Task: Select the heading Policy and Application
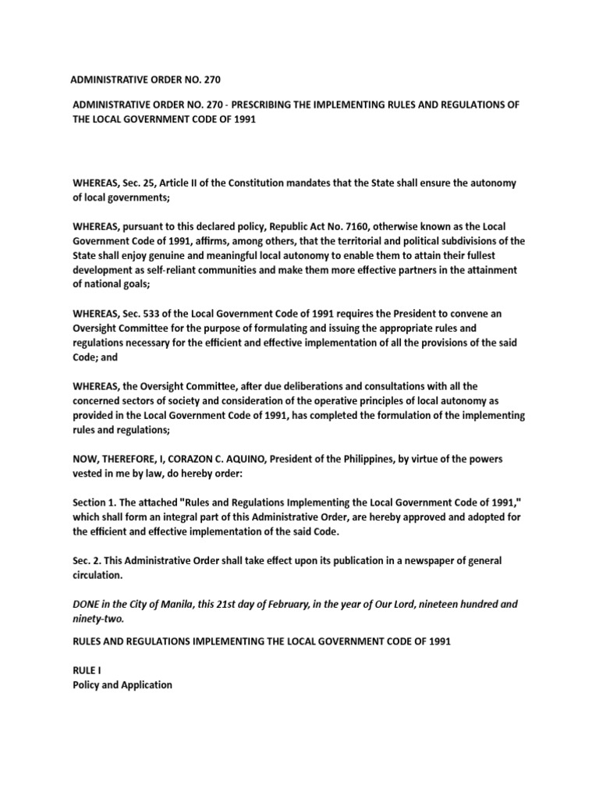click(x=122, y=685)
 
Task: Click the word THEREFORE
click(x=132, y=460)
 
